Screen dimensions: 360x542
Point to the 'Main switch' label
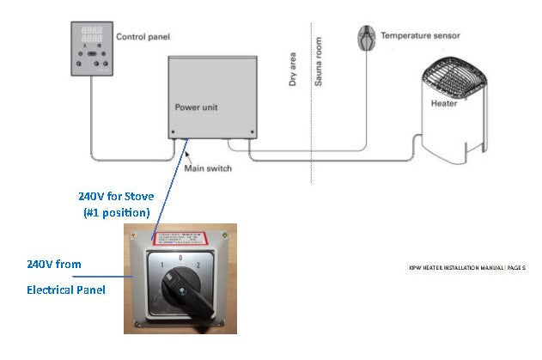[x=208, y=168]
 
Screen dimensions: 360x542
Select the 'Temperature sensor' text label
[x=420, y=36]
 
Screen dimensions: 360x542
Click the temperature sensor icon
[x=367, y=38]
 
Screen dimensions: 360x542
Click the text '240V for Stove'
[x=116, y=196]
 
